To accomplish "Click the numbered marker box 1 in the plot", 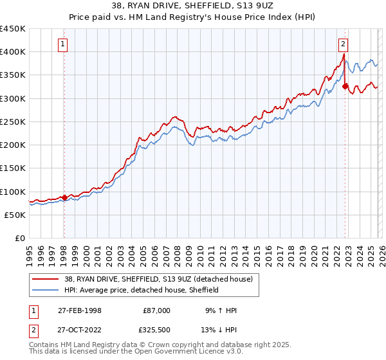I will tap(63, 44).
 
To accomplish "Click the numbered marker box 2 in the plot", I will tap(344, 44).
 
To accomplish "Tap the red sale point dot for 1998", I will tap(64, 197).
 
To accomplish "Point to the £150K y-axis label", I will tap(13, 168).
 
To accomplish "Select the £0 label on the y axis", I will tap(20, 239).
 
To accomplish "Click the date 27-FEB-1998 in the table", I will tap(77, 310).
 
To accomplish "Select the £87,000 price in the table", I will tap(157, 310).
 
